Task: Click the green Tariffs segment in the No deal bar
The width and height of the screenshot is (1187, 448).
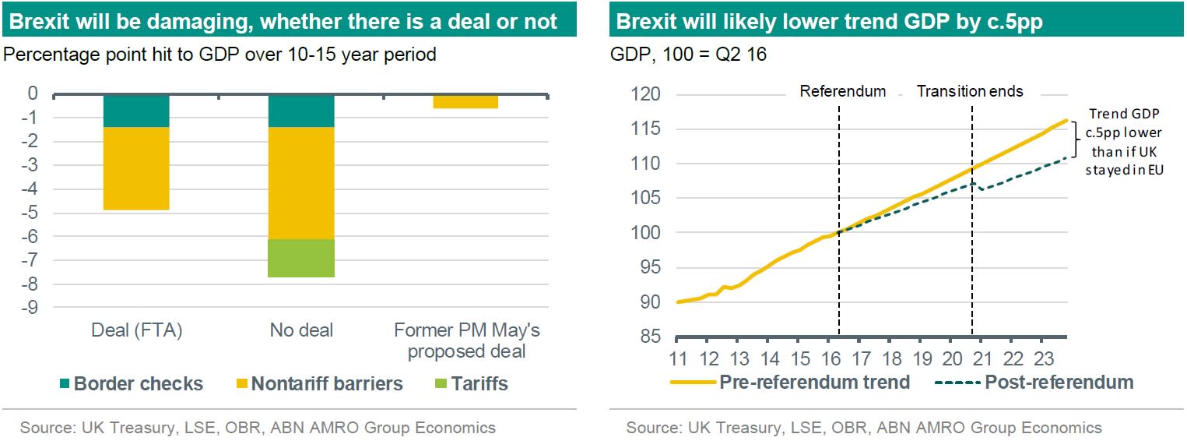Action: point(301,258)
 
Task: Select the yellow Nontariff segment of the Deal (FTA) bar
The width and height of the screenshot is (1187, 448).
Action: point(136,168)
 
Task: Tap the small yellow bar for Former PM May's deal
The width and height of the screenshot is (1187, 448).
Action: point(465,101)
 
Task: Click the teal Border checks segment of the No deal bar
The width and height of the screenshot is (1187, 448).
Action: point(301,111)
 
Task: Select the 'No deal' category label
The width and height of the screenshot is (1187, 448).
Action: point(301,330)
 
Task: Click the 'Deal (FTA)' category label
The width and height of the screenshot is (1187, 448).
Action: point(136,330)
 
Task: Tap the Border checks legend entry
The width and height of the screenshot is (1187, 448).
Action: point(130,383)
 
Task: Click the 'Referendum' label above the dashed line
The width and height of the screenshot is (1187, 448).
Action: point(843,91)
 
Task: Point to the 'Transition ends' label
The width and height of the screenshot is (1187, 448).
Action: point(970,91)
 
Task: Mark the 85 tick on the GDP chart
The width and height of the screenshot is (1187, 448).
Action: point(649,337)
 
